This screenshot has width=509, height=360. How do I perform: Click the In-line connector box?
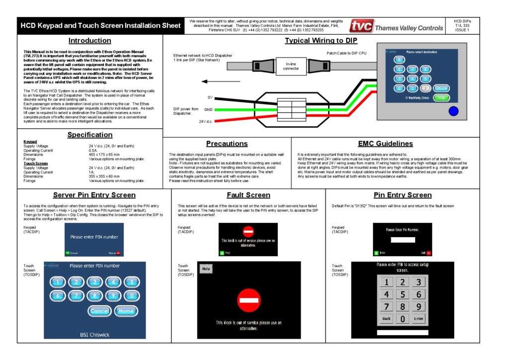(x=291, y=65)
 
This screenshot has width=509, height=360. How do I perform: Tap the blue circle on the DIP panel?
(x=453, y=111)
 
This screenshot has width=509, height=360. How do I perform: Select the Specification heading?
(x=90, y=135)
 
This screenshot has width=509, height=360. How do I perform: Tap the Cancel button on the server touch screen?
(x=99, y=311)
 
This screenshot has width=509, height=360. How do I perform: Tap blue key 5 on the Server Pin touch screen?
(x=131, y=282)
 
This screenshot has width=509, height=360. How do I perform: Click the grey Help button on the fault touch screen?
(x=206, y=269)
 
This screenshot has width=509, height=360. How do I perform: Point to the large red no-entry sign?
(x=249, y=300)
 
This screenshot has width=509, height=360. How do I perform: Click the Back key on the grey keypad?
(x=386, y=318)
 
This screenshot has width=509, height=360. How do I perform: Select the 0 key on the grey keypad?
(x=403, y=318)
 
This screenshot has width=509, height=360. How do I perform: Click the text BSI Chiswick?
(x=94, y=335)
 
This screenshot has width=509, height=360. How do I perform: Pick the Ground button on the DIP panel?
(x=440, y=88)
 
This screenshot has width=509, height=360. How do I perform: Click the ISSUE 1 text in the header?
(x=462, y=30)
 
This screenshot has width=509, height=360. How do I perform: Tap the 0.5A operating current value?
(x=93, y=150)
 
